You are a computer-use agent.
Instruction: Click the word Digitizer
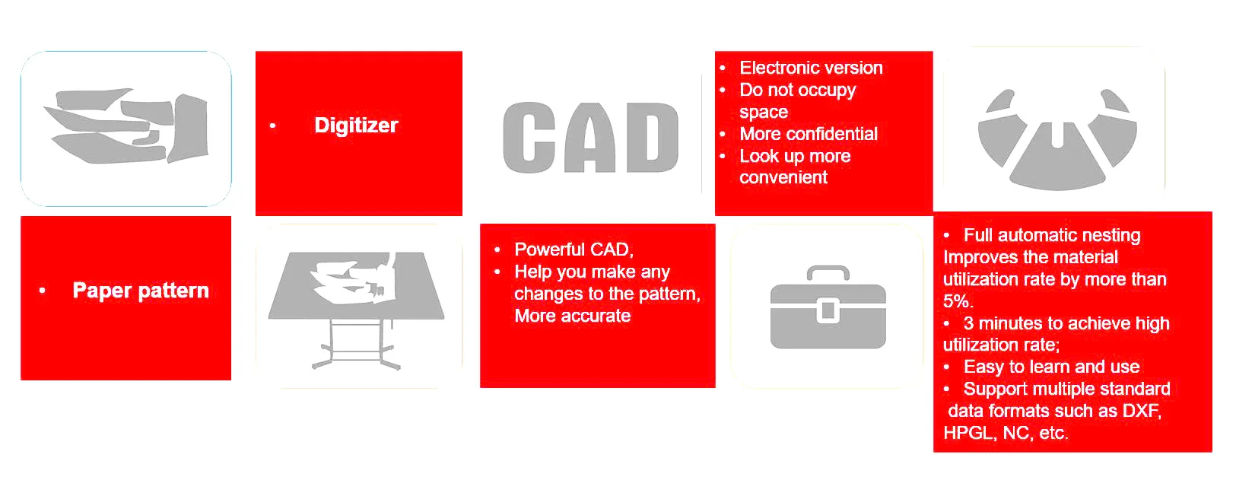click(x=356, y=126)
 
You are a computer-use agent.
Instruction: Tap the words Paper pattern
click(x=141, y=291)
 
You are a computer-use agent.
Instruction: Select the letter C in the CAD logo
click(x=529, y=138)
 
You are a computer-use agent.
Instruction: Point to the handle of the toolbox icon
click(x=828, y=272)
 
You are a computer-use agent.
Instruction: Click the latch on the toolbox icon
click(x=828, y=310)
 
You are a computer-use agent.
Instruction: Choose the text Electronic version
click(x=811, y=68)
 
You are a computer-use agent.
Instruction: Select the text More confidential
click(x=809, y=134)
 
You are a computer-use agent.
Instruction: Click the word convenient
click(x=783, y=177)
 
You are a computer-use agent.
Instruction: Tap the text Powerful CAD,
click(x=574, y=250)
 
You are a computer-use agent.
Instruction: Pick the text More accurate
click(x=573, y=316)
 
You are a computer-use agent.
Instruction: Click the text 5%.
click(x=958, y=301)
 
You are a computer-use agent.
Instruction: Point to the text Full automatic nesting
click(x=1052, y=235)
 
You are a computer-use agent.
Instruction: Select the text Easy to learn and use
click(x=1052, y=367)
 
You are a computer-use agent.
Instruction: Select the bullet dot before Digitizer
click(x=272, y=126)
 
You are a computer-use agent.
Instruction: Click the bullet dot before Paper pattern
click(x=43, y=291)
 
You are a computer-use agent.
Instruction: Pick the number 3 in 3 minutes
click(x=969, y=323)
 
